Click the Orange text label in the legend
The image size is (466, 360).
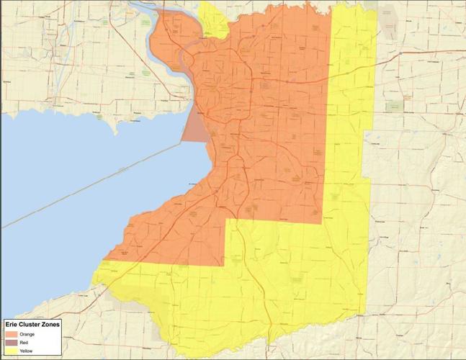coord(27,334)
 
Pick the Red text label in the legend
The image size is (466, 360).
coord(24,342)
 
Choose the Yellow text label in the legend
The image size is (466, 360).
coord(27,351)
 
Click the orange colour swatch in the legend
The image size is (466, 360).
coord(10,334)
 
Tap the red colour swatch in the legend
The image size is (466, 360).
coord(10,342)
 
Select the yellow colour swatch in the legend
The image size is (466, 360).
coord(10,351)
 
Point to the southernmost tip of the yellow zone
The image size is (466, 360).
coord(267,344)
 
